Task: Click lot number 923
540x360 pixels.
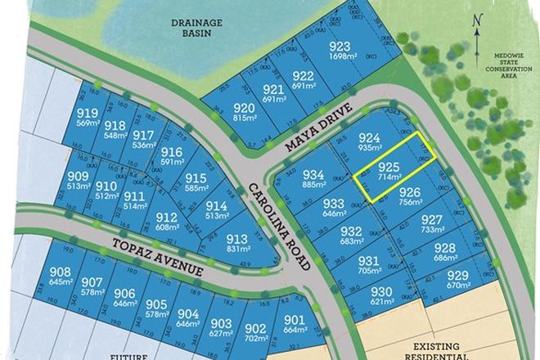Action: (340, 47)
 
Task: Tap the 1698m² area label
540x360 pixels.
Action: (340, 57)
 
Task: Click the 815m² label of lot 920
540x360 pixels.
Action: (244, 118)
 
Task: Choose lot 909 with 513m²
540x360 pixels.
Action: (79, 181)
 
